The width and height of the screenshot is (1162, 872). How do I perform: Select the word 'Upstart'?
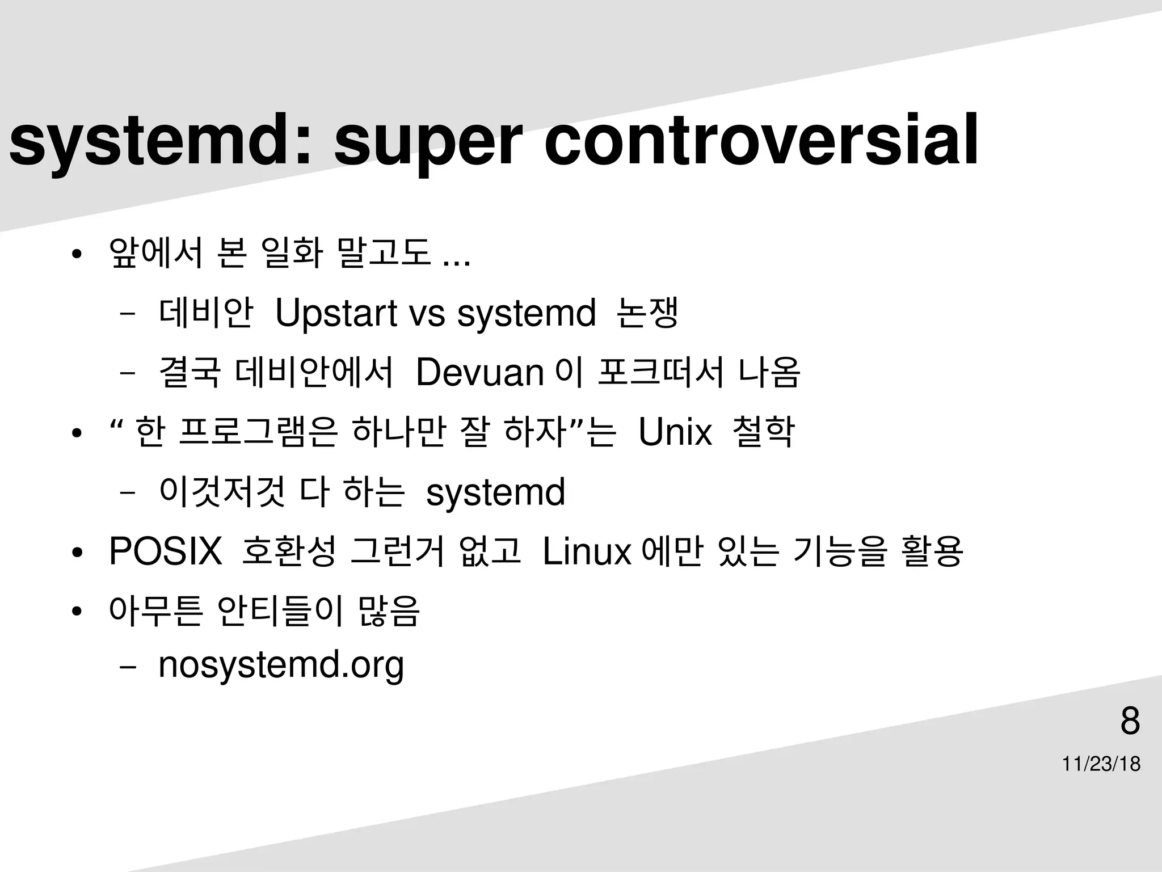(x=336, y=314)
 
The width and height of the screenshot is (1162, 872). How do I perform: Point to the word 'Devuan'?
(x=480, y=373)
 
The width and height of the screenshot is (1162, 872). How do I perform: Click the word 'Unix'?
(x=675, y=432)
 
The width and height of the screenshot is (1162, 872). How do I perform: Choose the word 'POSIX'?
(x=165, y=551)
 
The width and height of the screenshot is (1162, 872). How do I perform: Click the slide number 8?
(x=1130, y=721)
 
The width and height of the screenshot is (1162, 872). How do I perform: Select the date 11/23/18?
(x=1101, y=764)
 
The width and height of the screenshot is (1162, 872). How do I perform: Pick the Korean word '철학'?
(x=764, y=432)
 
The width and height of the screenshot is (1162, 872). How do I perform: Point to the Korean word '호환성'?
(x=289, y=551)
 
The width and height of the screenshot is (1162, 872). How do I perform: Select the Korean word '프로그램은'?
(x=259, y=432)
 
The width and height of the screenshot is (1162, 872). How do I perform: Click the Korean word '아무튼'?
(x=155, y=610)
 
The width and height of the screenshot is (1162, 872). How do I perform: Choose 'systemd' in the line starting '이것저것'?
(x=495, y=492)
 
